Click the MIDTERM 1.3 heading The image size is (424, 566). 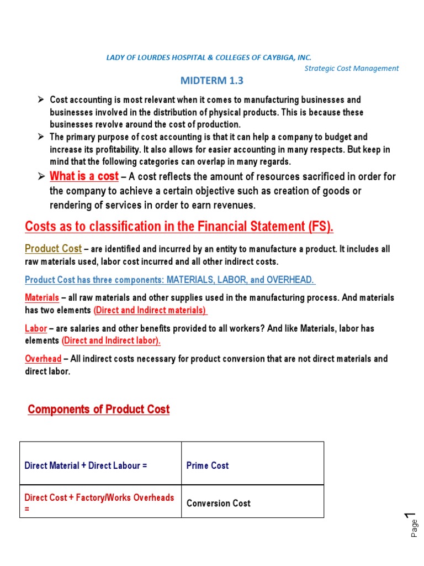point(212,81)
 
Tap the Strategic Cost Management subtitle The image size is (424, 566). point(351,69)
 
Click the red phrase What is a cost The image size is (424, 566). point(84,176)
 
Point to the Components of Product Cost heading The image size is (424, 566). point(99,410)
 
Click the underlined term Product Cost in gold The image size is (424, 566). point(53,249)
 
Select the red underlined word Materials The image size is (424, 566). point(42,298)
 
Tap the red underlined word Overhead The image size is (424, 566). point(43,359)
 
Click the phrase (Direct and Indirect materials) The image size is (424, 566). point(150,310)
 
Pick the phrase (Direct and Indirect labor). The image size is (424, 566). point(111,340)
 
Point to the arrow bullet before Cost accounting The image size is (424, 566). point(40,100)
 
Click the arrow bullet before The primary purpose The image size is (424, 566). point(40,137)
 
